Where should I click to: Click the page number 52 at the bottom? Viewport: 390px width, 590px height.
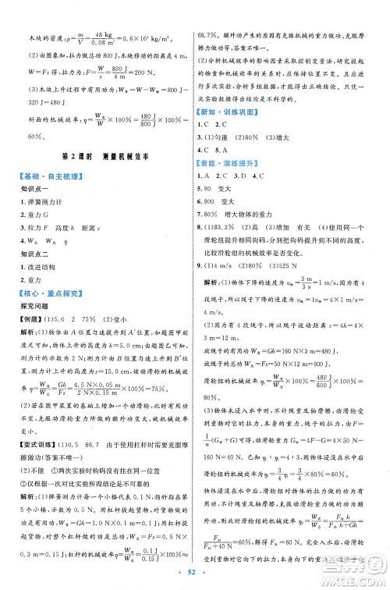194,578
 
